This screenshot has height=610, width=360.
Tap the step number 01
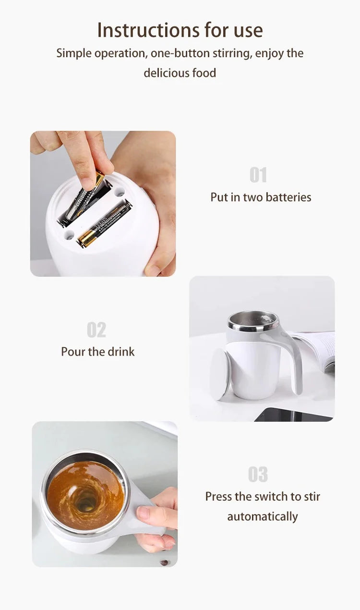point(258,175)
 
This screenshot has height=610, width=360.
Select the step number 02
point(96,330)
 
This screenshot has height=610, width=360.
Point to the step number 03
point(258,475)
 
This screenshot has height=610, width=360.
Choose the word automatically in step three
point(263,517)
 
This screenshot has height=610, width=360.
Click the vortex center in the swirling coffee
point(86,502)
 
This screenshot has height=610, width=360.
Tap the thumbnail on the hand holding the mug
point(143,512)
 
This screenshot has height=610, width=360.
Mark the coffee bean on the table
point(164,562)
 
